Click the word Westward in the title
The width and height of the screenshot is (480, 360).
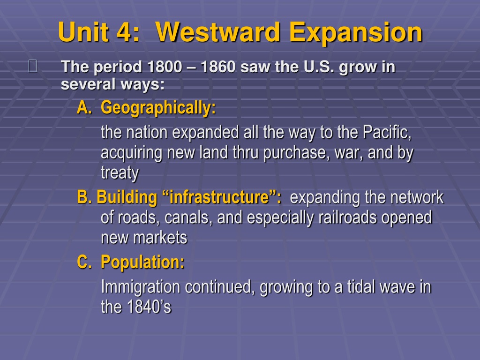(218, 32)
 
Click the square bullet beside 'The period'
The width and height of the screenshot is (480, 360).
(33, 66)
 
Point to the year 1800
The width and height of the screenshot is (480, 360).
(165, 67)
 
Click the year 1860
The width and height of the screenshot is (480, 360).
(218, 67)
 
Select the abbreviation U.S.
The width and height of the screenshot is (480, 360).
(319, 67)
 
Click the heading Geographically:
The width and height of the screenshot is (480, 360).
(158, 108)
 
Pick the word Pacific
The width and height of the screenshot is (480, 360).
(387, 132)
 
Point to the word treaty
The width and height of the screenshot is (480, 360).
(120, 173)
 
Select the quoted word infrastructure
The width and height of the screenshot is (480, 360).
(219, 197)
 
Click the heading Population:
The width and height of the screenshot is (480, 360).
(142, 262)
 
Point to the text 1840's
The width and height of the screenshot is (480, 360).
(149, 307)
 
